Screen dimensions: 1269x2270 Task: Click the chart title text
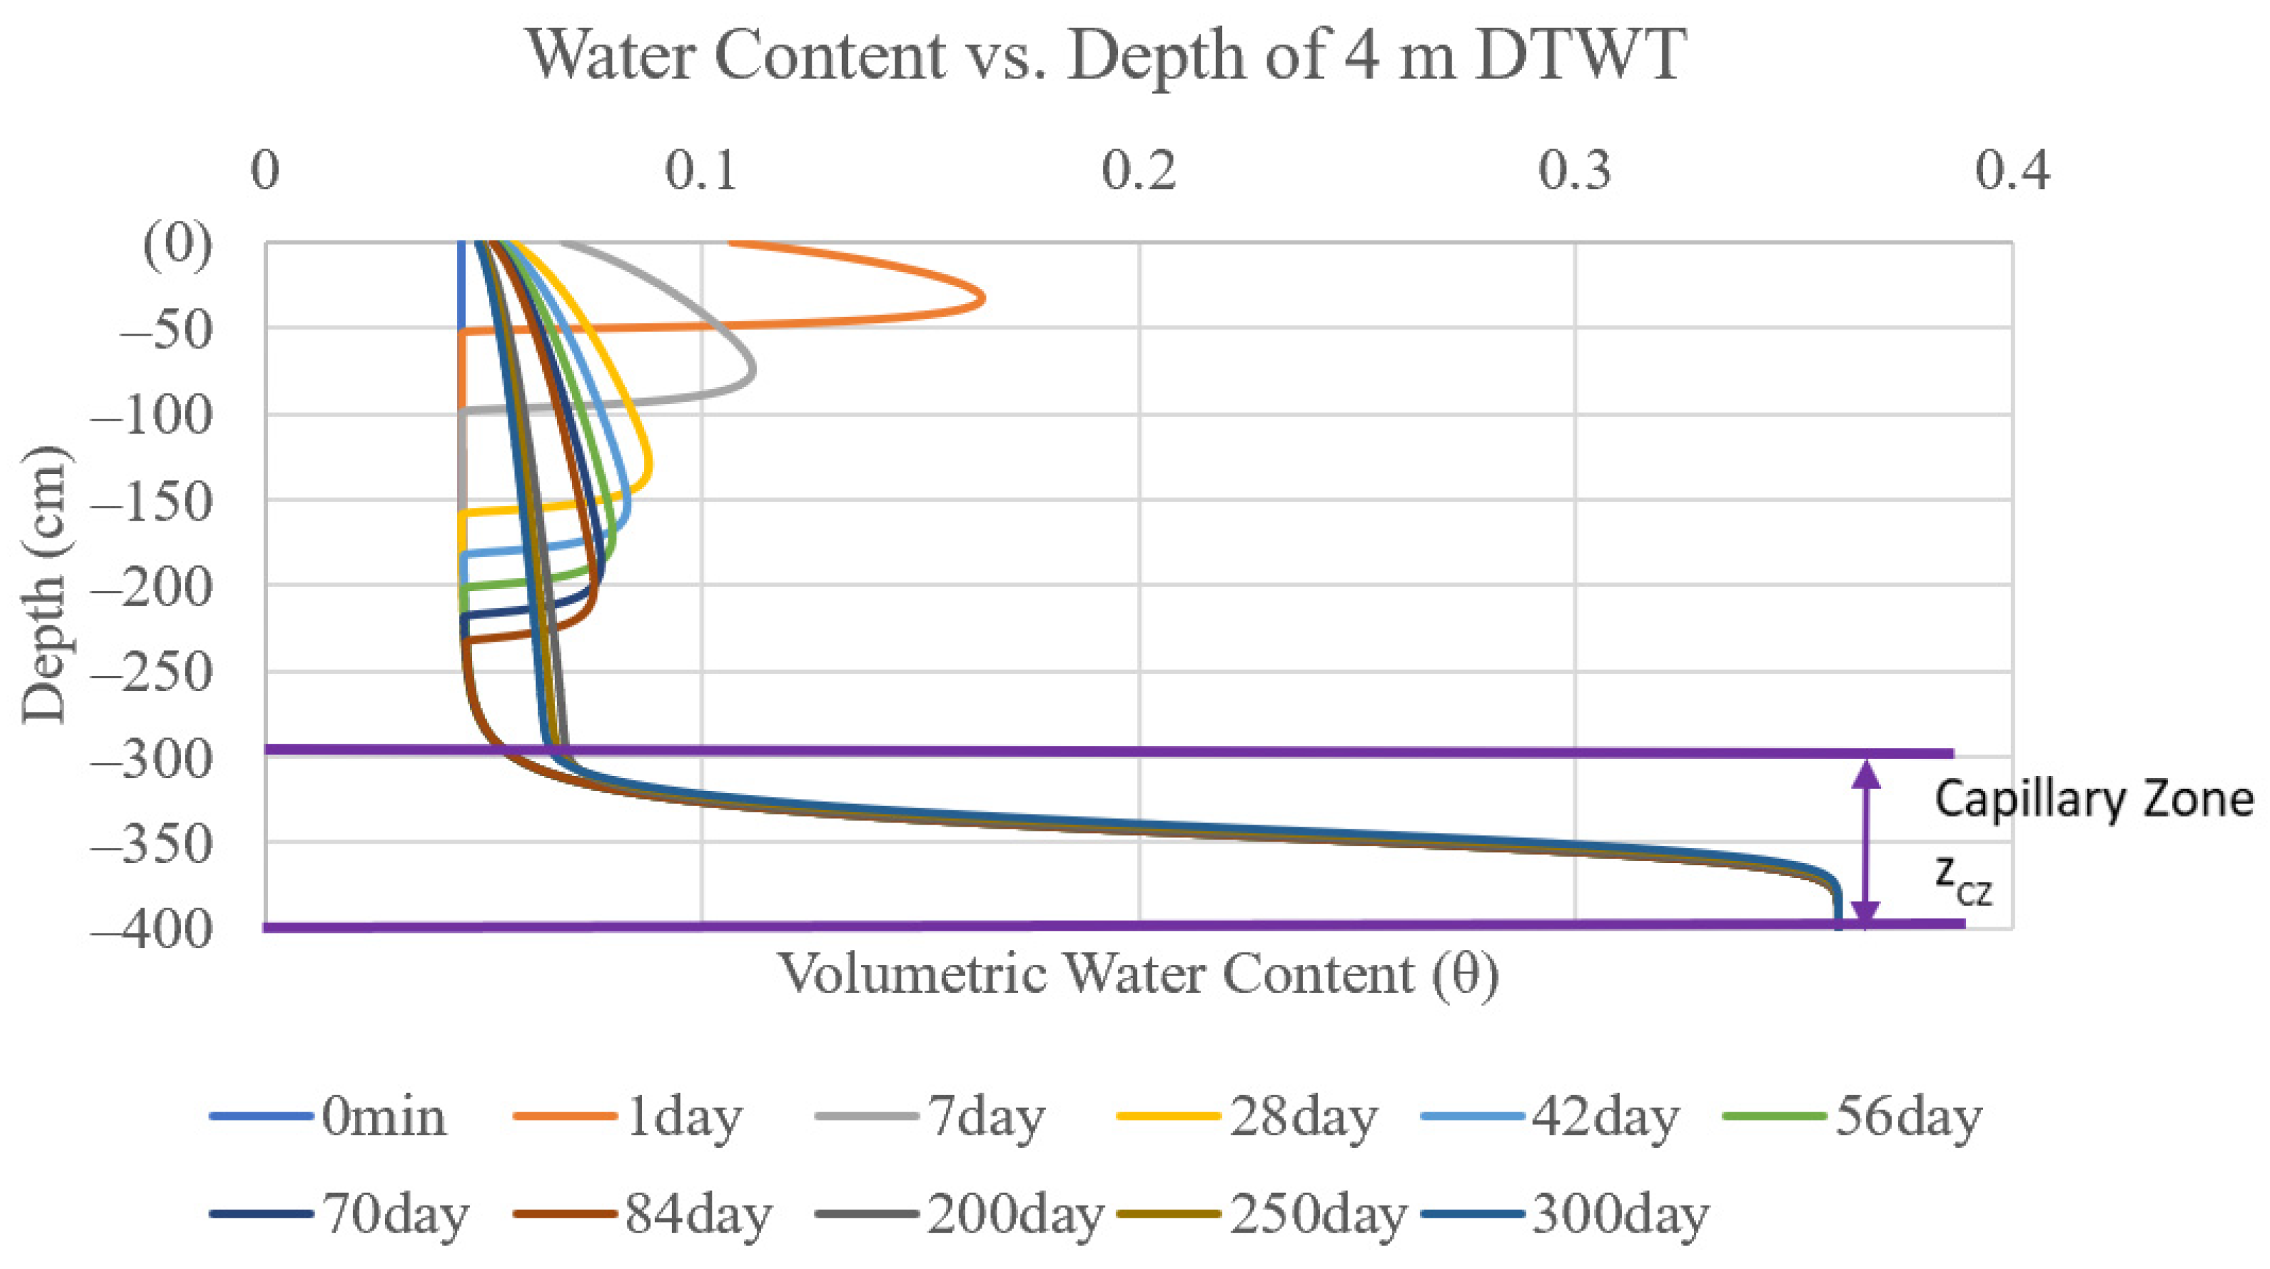click(1106, 55)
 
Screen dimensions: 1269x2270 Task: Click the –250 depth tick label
click(151, 673)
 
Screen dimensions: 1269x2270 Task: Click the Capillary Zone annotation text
click(2093, 800)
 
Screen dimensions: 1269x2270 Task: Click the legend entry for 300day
click(1565, 1214)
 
